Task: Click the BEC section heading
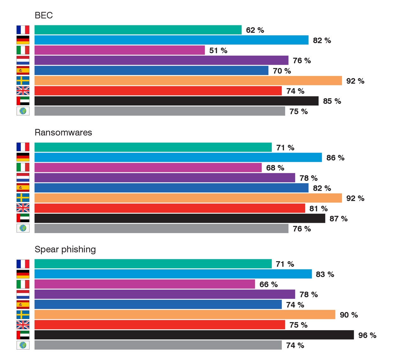coord(44,15)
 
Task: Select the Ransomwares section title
coord(63,132)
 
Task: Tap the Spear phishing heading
coord(65,249)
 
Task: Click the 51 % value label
coord(218,51)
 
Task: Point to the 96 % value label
coord(367,335)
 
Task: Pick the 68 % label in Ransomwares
coord(275,168)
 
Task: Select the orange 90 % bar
coord(185,315)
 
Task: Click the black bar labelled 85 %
coord(176,101)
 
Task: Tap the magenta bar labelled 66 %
coord(144,284)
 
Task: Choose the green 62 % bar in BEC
coord(138,30)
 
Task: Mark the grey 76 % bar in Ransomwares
coord(161,229)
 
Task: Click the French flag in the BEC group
coord(23,30)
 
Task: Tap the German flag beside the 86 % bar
coord(23,157)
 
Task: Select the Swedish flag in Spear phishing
coord(23,315)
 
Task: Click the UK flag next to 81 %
coord(23,208)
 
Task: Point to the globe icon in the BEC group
coord(23,111)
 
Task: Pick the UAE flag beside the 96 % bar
coord(23,335)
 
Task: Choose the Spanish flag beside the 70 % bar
coord(23,71)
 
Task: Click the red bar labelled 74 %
coord(158,91)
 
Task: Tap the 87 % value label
coord(338,219)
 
